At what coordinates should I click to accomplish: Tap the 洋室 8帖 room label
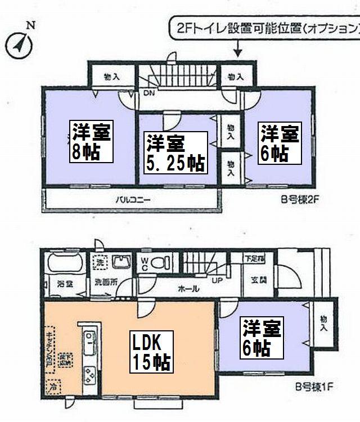coord(91,141)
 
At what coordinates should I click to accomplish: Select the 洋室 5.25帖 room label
coord(174,152)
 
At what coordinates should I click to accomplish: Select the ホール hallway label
coord(187,288)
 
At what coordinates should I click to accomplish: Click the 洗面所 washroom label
coord(106,282)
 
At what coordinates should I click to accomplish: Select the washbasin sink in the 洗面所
coord(121,262)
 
